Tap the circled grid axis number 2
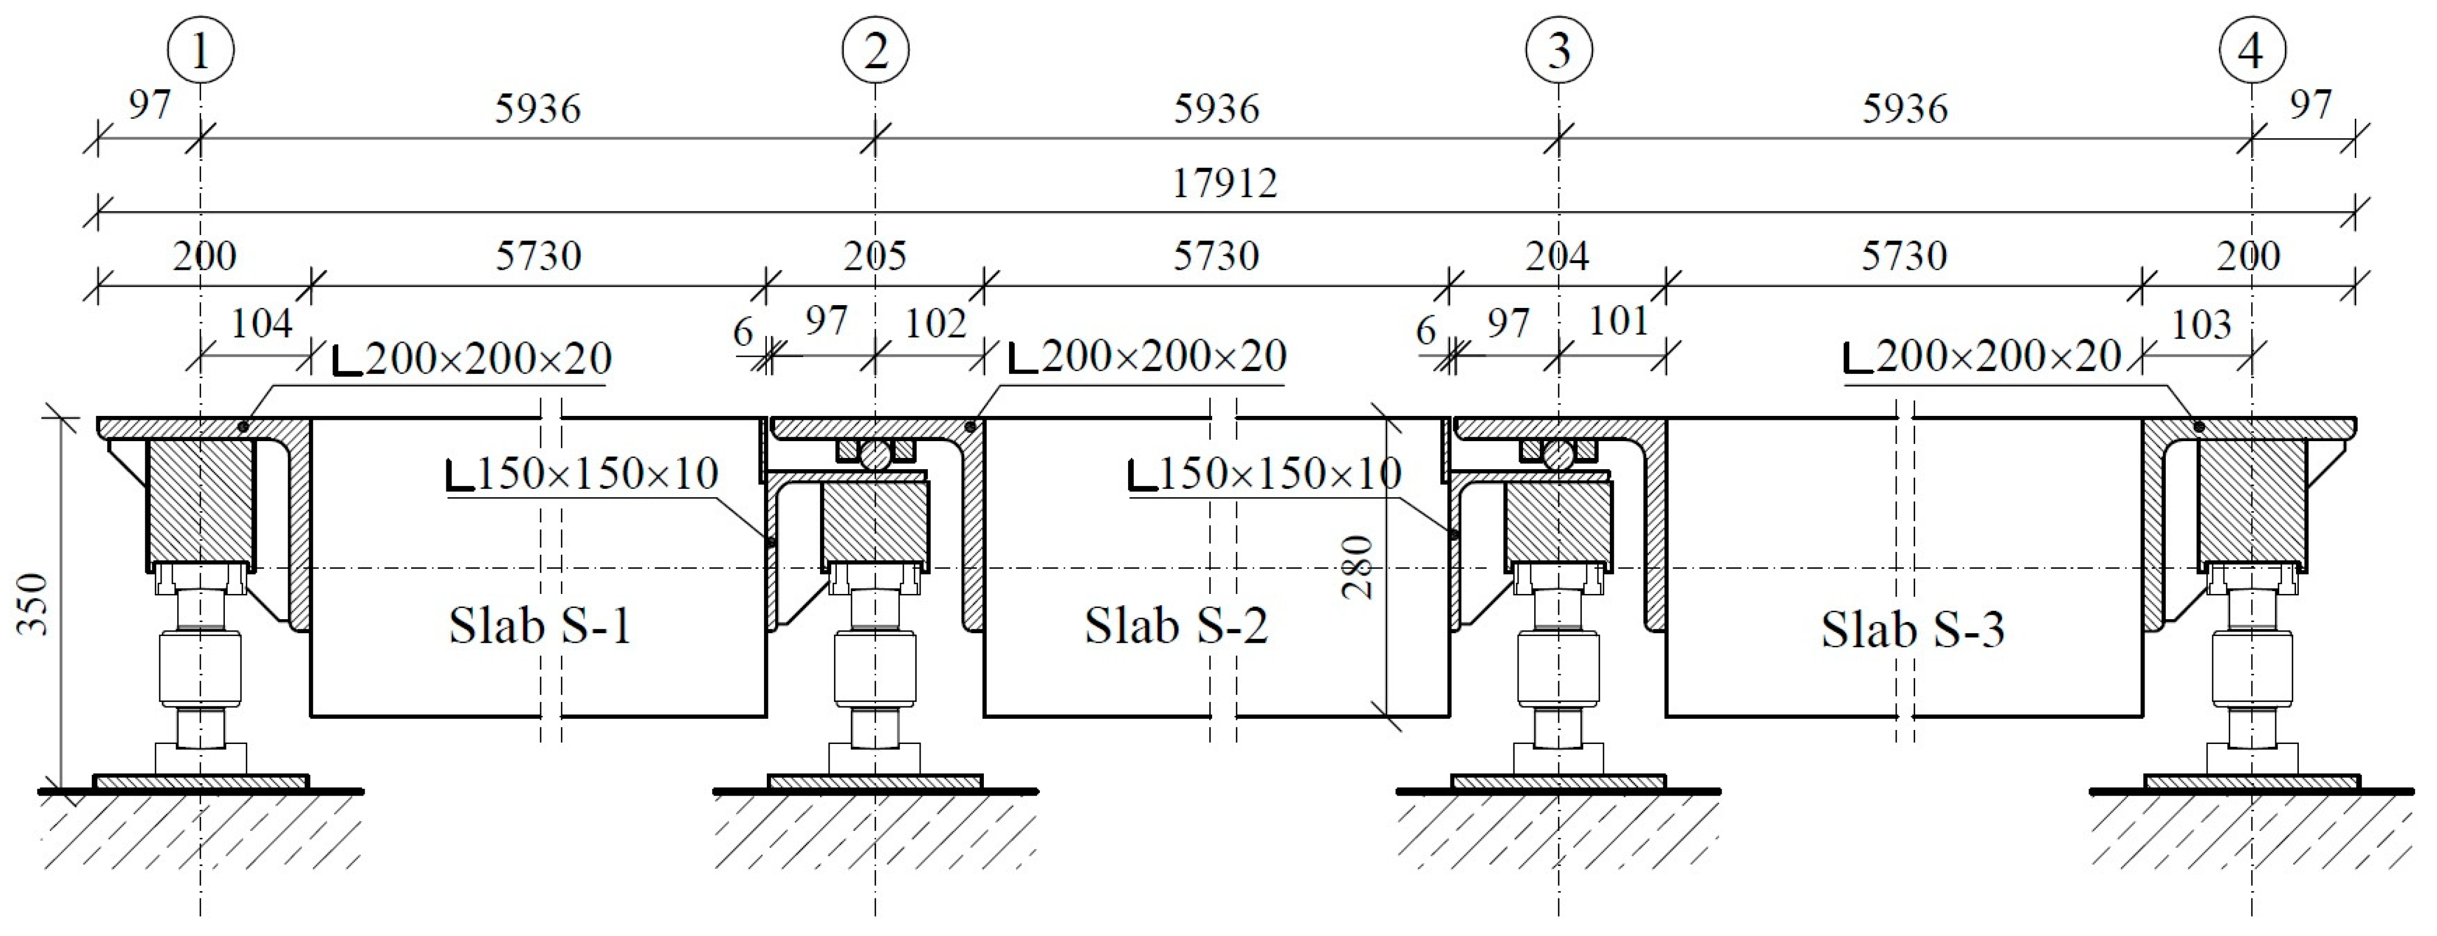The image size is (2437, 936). pos(875,50)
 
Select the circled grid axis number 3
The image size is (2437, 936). pos(1558,50)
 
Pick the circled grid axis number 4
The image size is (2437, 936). pos(2251,50)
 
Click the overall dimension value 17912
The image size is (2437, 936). pos(1224,182)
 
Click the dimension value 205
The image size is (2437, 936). pos(875,255)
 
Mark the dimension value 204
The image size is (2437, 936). pos(1557,255)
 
